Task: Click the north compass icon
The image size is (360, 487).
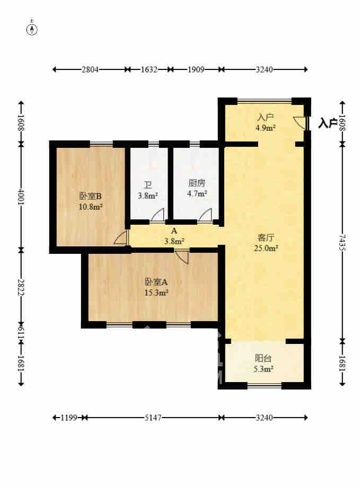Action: pos(32,29)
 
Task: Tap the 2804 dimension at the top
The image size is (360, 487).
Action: pos(89,69)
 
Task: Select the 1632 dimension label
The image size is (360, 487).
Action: pos(148,69)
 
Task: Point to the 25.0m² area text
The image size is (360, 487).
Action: pos(264,247)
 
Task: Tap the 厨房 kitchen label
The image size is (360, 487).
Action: pos(196,184)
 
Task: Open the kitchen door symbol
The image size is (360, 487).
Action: pos(205,215)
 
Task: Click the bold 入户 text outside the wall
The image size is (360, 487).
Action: pos(328,123)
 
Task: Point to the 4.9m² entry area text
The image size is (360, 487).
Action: pos(265,127)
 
